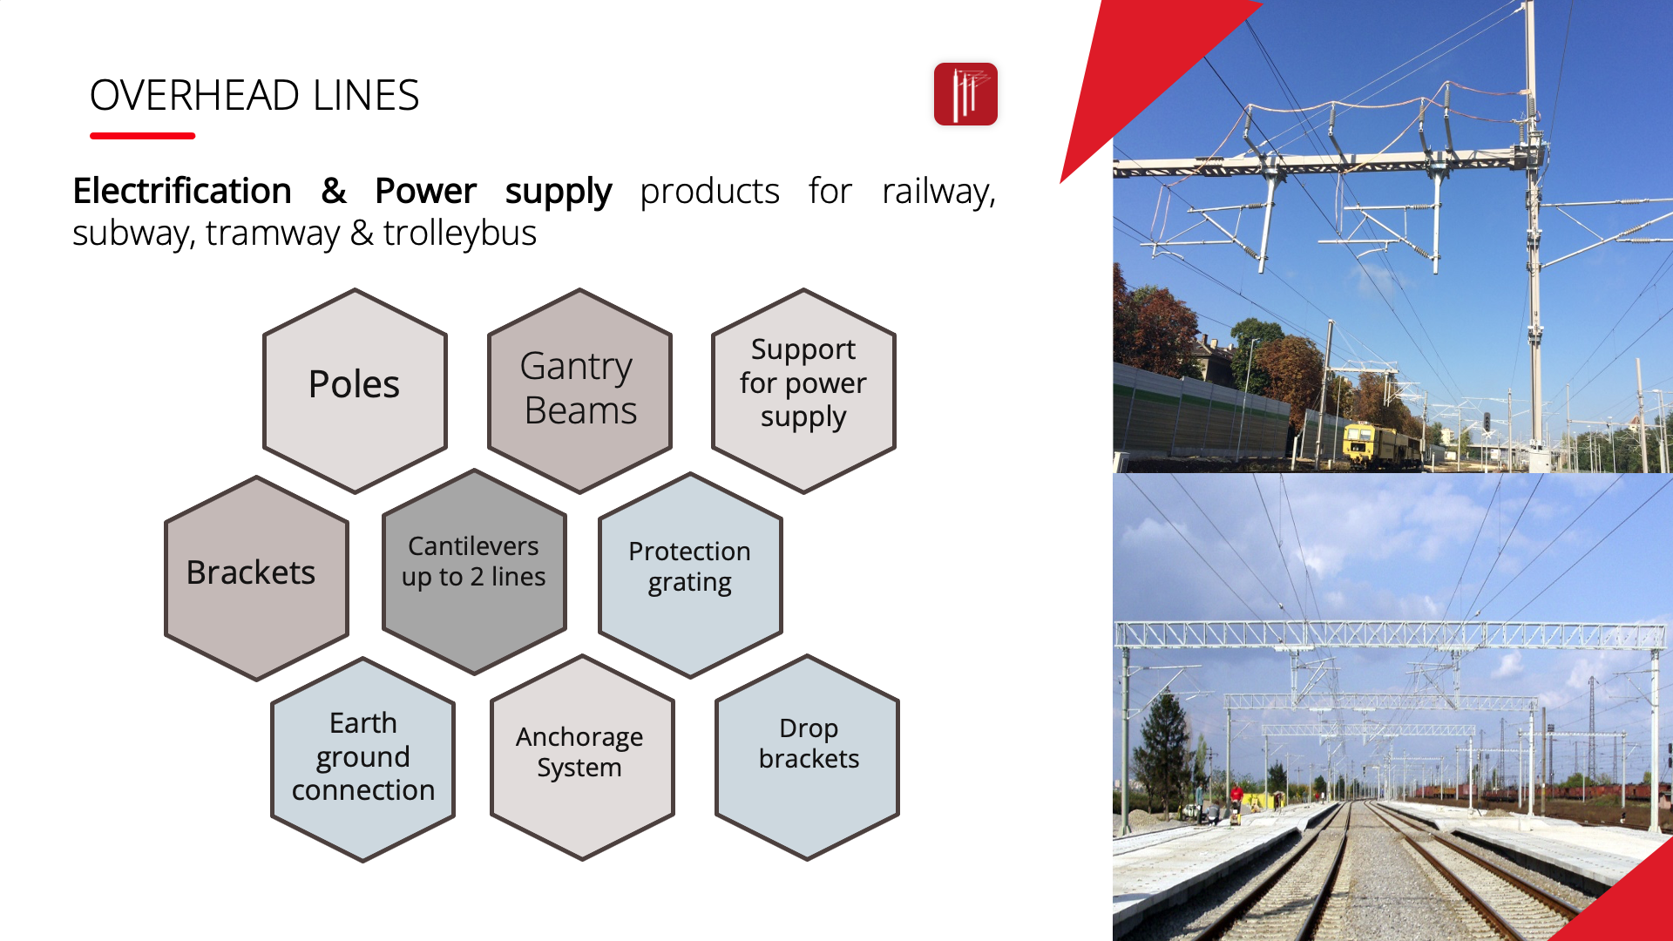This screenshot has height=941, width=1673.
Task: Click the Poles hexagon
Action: (355, 390)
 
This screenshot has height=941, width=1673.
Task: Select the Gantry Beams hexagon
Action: (579, 390)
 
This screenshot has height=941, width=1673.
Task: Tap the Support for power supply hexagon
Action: (803, 390)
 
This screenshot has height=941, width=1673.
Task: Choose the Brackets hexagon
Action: (256, 579)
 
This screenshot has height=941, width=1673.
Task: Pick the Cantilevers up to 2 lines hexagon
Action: (474, 572)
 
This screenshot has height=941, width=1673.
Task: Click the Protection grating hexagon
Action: (690, 575)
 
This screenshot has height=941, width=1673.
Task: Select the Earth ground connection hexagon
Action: (362, 760)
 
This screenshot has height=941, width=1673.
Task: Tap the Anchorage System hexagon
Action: (582, 758)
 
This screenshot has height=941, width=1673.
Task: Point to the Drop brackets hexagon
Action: (807, 758)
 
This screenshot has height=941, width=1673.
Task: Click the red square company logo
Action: (965, 94)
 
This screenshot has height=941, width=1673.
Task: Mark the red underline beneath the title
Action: (142, 136)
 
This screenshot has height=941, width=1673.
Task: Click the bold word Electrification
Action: (182, 191)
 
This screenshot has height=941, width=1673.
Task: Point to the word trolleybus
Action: (459, 234)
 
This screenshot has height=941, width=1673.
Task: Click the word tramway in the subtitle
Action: (273, 234)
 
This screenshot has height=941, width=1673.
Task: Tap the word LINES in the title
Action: (366, 95)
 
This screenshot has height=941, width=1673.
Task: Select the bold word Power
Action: (425, 191)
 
